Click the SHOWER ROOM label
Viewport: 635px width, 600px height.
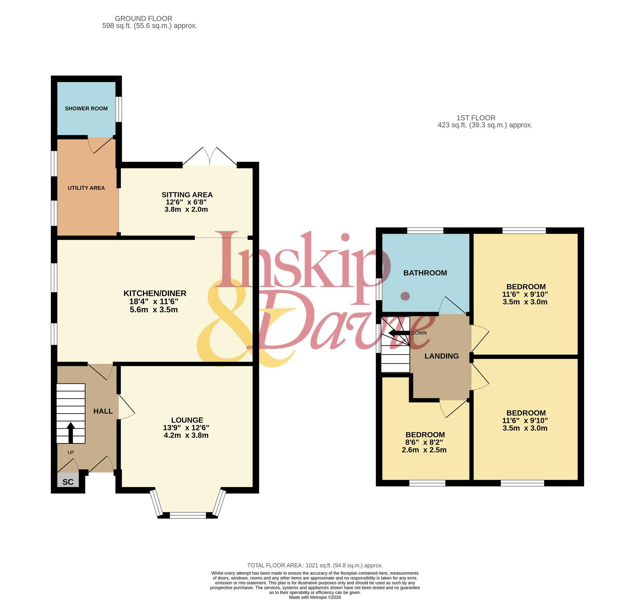pyautogui.click(x=86, y=108)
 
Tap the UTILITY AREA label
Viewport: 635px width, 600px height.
pyautogui.click(x=86, y=188)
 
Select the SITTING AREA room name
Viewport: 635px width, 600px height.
pyautogui.click(x=187, y=195)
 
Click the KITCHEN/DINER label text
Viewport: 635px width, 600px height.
pyautogui.click(x=155, y=293)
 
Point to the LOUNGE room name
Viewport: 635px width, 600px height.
pyautogui.click(x=187, y=420)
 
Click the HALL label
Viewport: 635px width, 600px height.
pyautogui.click(x=103, y=411)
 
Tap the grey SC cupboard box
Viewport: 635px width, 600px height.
pyautogui.click(x=68, y=481)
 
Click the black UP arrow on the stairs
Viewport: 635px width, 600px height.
pyautogui.click(x=71, y=433)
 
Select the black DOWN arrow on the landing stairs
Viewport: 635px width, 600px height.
pyautogui.click(x=399, y=333)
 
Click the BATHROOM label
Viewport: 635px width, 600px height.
pyautogui.click(x=425, y=273)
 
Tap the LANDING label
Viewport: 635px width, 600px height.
pyautogui.click(x=441, y=356)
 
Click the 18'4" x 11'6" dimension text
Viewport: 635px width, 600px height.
pyautogui.click(x=154, y=301)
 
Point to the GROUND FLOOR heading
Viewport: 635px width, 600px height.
pyautogui.click(x=143, y=19)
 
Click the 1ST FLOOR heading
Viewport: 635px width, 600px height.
pyautogui.click(x=476, y=118)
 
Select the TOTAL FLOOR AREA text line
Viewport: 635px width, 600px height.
pyautogui.click(x=315, y=565)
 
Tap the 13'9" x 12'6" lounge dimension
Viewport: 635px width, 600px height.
pyautogui.click(x=186, y=427)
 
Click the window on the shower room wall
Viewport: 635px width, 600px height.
pyautogui.click(x=119, y=108)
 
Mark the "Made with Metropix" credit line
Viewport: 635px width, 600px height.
pyautogui.click(x=315, y=597)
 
